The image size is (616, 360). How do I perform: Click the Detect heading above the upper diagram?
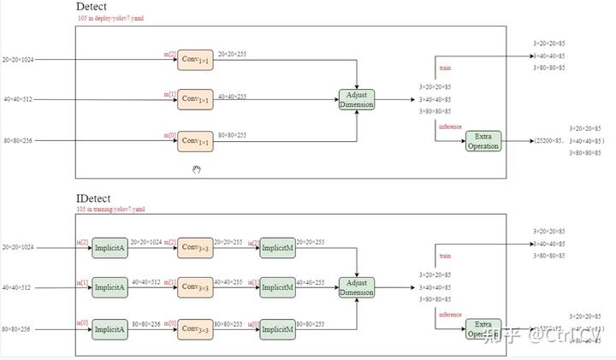click(91, 8)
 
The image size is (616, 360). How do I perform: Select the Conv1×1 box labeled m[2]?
click(195, 60)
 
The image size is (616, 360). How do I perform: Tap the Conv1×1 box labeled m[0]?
click(195, 141)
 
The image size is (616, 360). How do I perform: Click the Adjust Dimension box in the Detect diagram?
click(356, 100)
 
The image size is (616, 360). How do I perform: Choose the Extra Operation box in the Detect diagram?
click(483, 141)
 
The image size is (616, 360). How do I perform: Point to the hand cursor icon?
click(196, 169)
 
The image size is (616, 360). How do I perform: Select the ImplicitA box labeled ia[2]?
click(109, 248)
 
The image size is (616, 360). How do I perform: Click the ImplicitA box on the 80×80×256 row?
click(109, 329)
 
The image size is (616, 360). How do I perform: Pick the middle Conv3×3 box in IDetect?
click(195, 288)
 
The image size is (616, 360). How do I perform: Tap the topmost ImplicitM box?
click(277, 248)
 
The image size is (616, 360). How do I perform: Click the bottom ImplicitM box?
click(277, 329)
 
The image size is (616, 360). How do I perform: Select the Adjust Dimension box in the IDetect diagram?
click(356, 288)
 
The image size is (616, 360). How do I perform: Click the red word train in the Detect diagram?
click(445, 68)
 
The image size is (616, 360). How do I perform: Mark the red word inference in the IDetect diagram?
click(450, 314)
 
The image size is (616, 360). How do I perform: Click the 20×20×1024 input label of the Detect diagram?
click(19, 60)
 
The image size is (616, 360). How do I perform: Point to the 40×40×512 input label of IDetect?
click(17, 288)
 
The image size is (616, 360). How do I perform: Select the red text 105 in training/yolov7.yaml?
click(110, 209)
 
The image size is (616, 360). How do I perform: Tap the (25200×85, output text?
click(548, 141)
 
